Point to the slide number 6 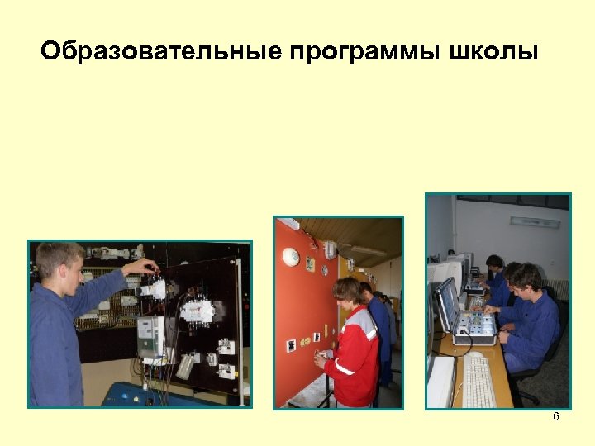(x=556, y=417)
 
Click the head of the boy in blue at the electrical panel (x=59, y=263)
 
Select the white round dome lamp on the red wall (x=290, y=256)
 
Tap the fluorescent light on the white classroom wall (x=535, y=221)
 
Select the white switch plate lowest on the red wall (x=292, y=345)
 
